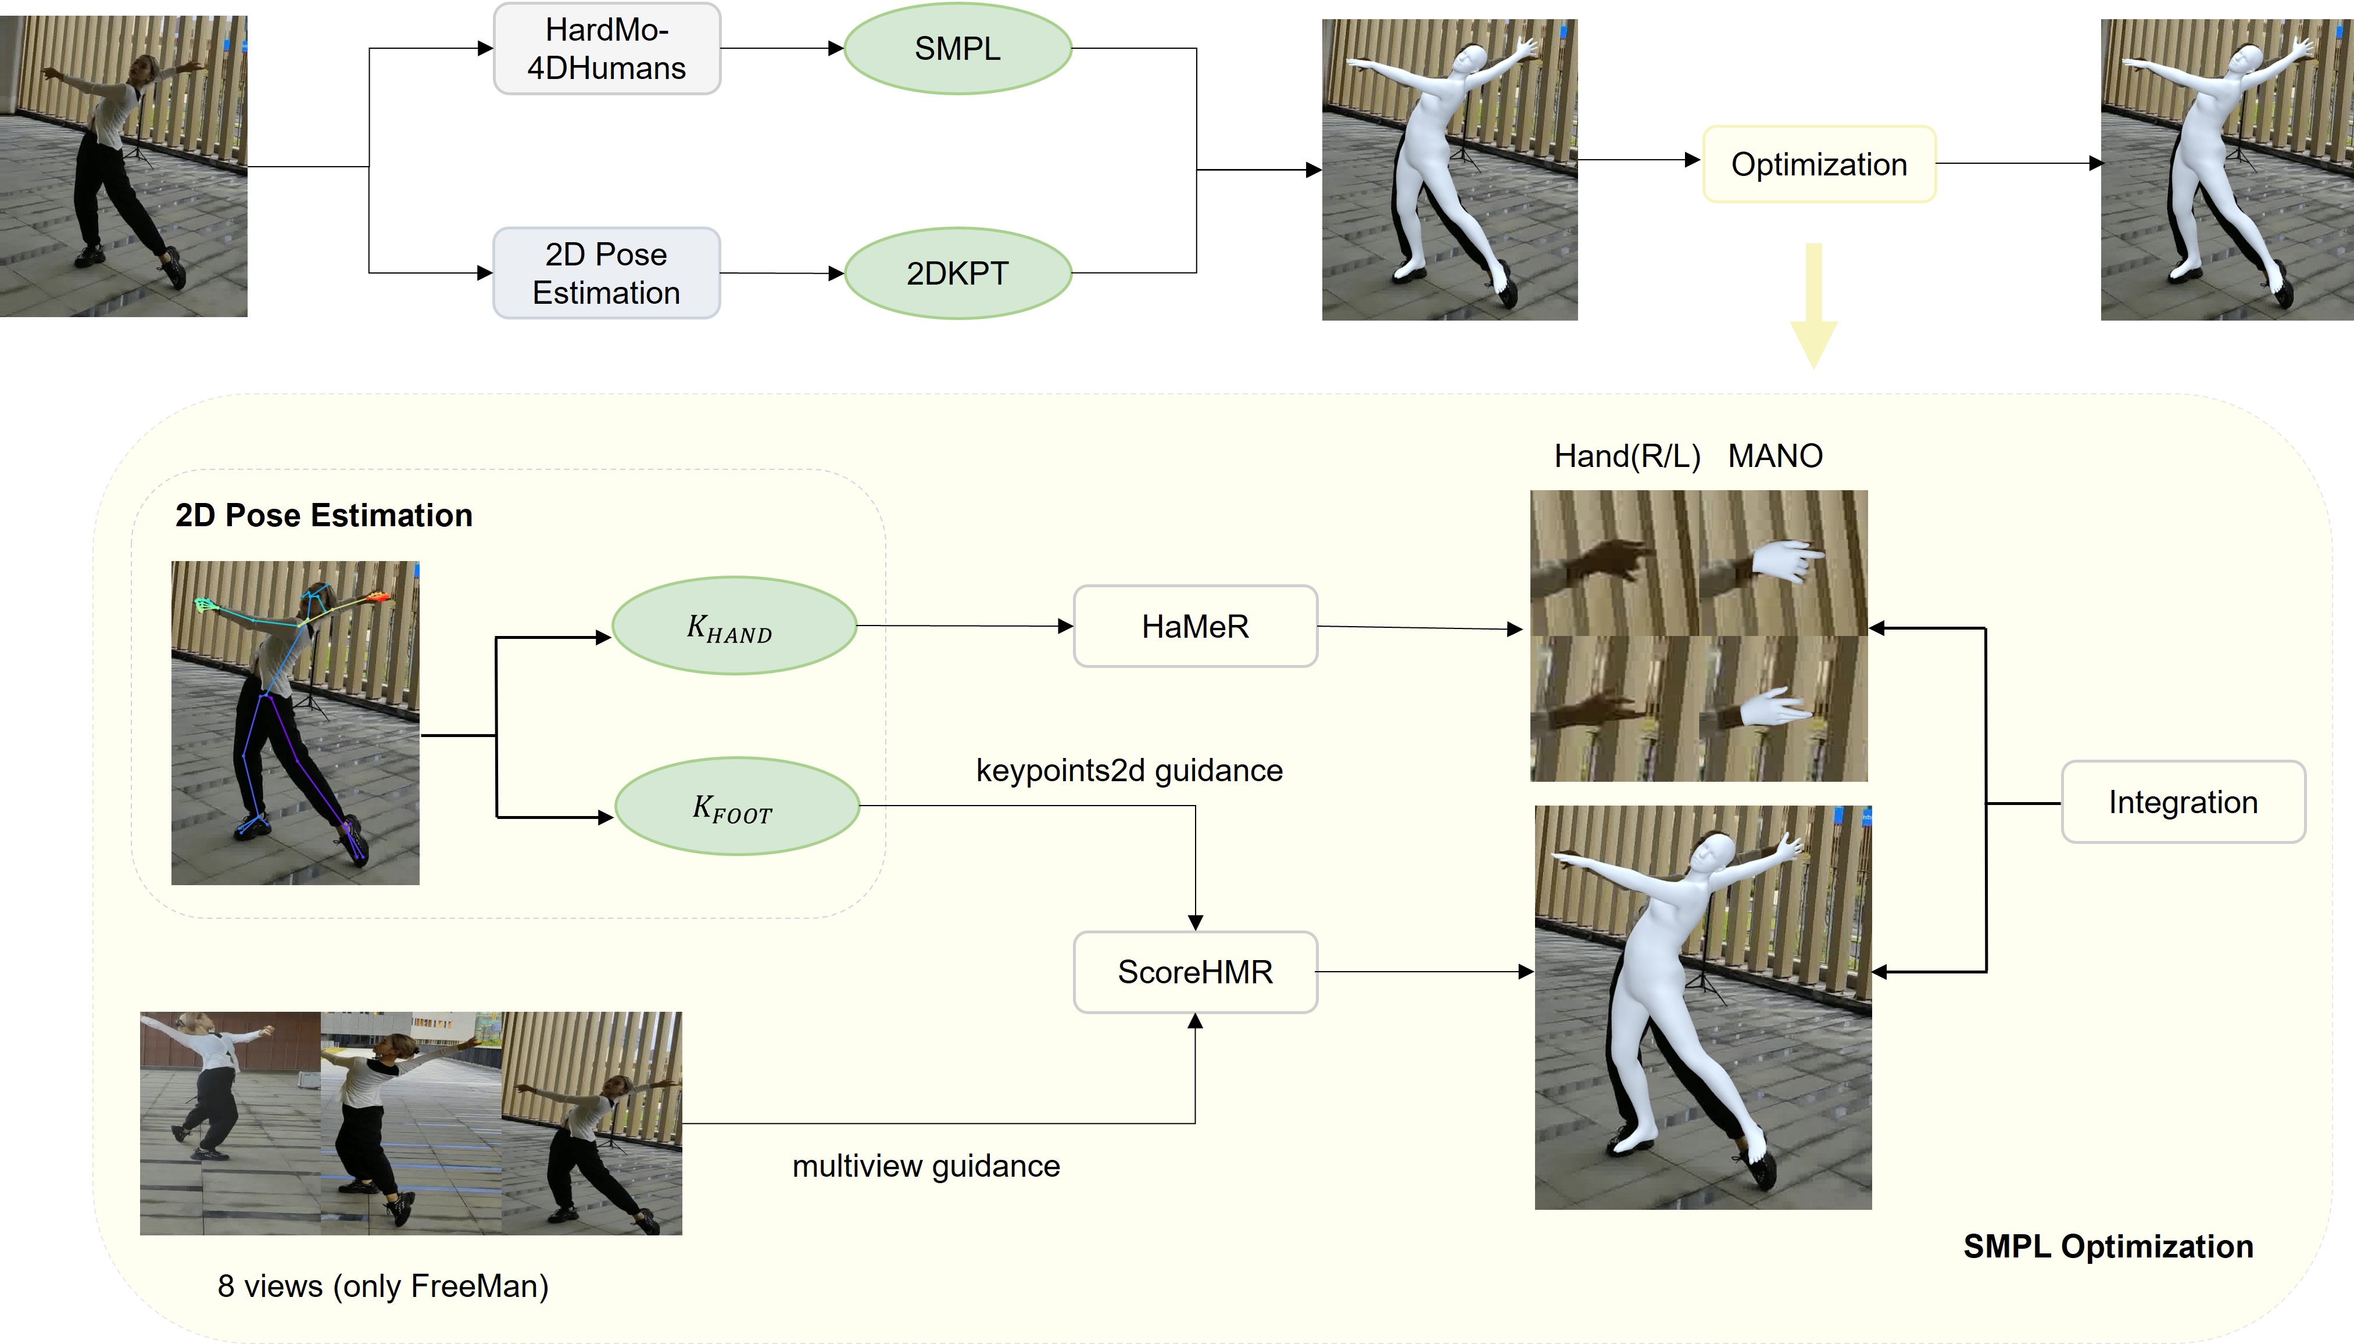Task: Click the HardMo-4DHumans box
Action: [607, 49]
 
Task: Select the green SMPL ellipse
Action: [958, 49]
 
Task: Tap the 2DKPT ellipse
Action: [958, 273]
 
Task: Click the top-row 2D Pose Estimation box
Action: [607, 273]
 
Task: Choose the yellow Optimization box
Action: [1818, 164]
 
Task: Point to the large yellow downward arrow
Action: [1814, 304]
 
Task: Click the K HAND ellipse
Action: [734, 627]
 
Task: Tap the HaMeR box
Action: [1195, 627]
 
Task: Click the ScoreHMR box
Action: [1195, 972]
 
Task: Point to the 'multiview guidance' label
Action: [925, 1166]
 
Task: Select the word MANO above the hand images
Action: [1775, 456]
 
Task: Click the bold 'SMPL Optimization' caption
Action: [2108, 1246]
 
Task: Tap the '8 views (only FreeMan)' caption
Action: [382, 1286]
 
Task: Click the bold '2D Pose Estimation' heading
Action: [323, 515]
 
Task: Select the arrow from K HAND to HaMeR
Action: [964, 626]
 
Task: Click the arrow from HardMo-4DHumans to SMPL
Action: [781, 49]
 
